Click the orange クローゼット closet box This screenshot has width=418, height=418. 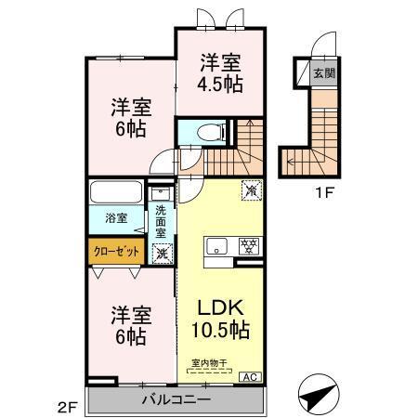115,250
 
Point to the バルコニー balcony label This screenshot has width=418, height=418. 176,399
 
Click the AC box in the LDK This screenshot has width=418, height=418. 251,376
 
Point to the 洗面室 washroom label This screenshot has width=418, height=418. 162,222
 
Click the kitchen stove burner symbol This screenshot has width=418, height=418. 248,246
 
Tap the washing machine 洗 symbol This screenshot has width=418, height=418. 162,252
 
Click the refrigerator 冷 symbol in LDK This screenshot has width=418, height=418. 250,189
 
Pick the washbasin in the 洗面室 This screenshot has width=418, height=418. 161,195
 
